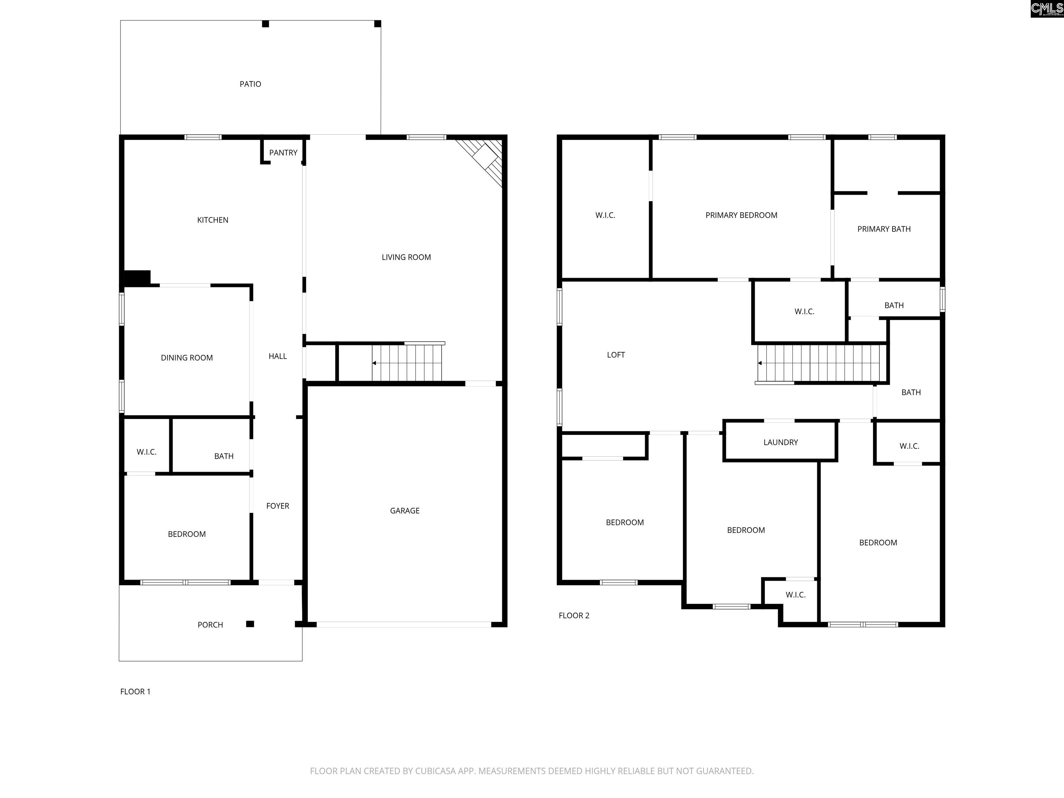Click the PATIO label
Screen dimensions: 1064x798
250,84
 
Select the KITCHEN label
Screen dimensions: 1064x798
213,220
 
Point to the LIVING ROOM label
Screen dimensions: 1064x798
406,257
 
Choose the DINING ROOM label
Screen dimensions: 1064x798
187,358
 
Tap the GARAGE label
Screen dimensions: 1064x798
405,511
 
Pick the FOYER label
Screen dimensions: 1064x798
277,506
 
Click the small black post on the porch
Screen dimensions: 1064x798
250,624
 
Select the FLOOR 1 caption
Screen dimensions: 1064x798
135,692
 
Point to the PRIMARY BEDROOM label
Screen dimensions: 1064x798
741,215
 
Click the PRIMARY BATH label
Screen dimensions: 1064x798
884,229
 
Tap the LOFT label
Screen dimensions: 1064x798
616,355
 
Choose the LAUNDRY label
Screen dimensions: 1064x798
780,443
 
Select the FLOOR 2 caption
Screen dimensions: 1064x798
574,616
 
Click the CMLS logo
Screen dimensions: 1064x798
1047,9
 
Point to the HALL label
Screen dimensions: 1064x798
277,356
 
